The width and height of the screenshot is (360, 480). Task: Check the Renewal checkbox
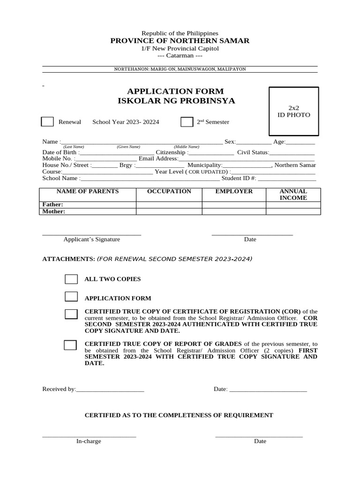pos(47,122)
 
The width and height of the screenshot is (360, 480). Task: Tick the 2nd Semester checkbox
pos(187,122)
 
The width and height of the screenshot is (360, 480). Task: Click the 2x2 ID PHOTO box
pos(293,112)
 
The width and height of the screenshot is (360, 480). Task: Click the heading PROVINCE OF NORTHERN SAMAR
pos(180,41)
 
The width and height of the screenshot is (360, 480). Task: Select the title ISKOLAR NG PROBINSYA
pos(176,101)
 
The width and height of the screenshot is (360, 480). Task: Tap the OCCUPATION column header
pos(169,191)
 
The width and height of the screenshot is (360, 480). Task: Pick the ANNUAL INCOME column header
pos(293,195)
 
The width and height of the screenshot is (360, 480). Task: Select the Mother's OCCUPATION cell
pos(169,211)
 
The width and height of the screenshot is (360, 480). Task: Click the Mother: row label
pos(54,211)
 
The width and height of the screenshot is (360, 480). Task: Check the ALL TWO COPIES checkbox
pos(71,279)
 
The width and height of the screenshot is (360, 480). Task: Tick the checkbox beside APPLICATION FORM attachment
pos(71,296)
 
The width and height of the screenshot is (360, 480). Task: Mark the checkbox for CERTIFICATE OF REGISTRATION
pos(71,314)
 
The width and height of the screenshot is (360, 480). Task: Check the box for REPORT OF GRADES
pos(70,345)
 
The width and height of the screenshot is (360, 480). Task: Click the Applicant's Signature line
pos(91,233)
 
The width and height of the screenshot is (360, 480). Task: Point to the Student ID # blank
pos(287,179)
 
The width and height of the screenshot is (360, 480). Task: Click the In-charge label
pos(89,441)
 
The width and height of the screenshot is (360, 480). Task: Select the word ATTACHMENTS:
pos(68,259)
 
